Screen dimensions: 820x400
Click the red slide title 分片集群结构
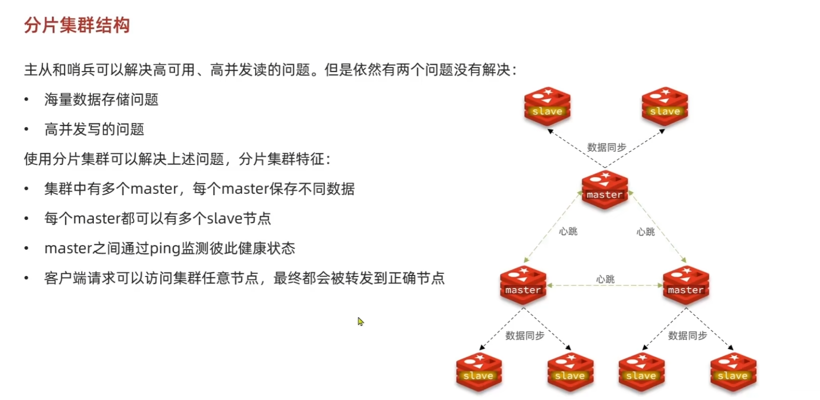77,25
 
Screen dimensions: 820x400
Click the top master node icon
605,189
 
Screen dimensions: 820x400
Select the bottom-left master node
523,285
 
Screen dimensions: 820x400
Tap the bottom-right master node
686,285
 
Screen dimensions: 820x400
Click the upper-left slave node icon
547,106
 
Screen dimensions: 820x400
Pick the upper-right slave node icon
665,106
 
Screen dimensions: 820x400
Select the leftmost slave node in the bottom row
479,371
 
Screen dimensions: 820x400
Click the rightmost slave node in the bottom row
733,371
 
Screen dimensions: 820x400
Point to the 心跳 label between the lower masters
605,279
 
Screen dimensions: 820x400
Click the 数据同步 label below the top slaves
606,147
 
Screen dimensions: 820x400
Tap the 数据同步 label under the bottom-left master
525,336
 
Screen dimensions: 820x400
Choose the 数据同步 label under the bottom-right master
688,336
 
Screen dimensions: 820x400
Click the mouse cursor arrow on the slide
360,321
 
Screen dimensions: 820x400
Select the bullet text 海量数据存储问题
101,100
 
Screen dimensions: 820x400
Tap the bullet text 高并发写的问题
94,129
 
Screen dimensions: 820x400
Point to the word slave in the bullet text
225,218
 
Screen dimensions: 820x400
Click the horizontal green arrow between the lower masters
605,285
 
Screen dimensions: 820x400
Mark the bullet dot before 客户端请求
26,278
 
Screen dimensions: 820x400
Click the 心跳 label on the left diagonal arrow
568,232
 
